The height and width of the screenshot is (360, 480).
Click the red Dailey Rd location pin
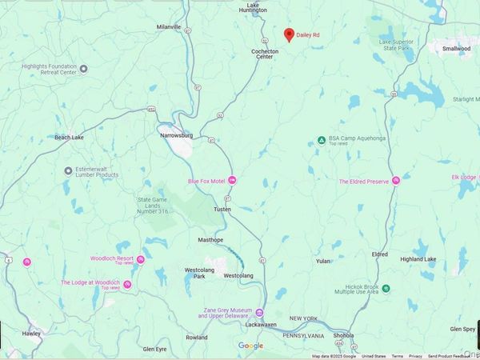click(290, 34)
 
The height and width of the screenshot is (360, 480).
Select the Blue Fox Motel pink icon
click(232, 180)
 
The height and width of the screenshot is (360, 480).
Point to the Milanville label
click(170, 26)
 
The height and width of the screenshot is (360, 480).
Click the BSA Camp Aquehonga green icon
click(321, 140)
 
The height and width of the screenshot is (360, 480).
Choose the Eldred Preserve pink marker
click(395, 181)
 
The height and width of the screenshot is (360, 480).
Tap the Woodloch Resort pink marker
click(140, 258)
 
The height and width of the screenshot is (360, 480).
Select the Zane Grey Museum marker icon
click(258, 313)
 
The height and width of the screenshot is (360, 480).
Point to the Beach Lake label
click(69, 138)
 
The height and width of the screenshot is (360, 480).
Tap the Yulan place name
click(323, 261)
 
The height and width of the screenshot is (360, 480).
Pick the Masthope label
click(211, 239)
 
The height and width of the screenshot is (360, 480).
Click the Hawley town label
click(31, 333)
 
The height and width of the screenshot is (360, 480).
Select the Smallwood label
click(457, 48)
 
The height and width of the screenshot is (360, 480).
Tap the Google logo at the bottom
click(250, 346)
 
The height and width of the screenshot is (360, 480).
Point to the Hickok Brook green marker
click(386, 287)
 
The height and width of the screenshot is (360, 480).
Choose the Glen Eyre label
click(154, 349)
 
